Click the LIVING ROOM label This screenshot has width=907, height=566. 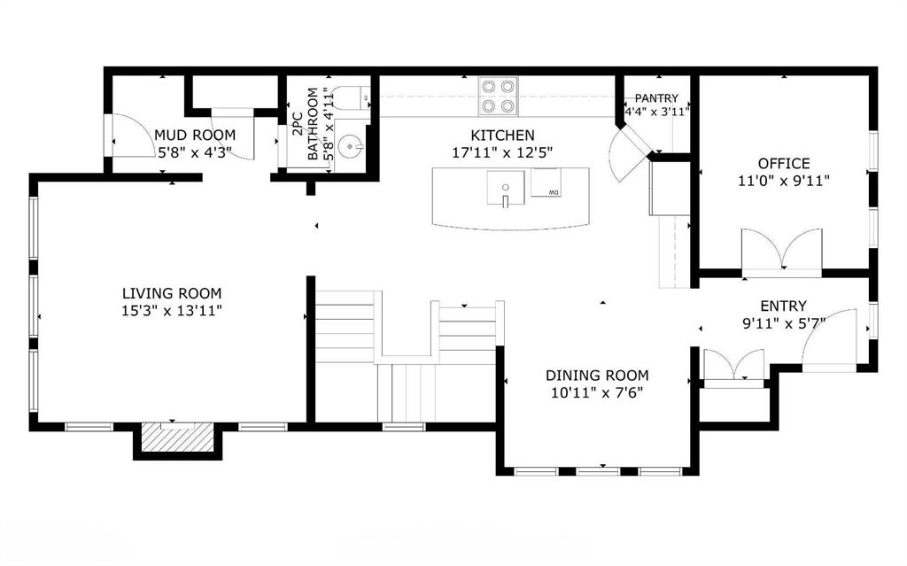point(172,293)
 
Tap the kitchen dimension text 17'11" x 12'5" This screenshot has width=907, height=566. point(502,152)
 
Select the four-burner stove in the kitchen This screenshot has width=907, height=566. point(498,96)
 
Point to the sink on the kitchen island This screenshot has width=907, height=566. point(506,189)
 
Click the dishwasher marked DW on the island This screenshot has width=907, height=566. point(546,182)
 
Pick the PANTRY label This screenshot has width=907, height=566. point(656,98)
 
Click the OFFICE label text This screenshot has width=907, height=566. point(784,163)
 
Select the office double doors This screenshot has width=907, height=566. point(782,250)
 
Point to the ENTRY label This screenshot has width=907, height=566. point(783,306)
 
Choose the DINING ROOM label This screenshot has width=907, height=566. point(597,375)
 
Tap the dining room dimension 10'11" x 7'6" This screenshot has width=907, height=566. point(597,393)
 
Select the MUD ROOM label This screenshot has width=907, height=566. point(195,135)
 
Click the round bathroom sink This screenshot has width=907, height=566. point(351,147)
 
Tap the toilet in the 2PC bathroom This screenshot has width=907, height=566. point(351,97)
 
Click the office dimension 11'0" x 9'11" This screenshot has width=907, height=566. point(784,181)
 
